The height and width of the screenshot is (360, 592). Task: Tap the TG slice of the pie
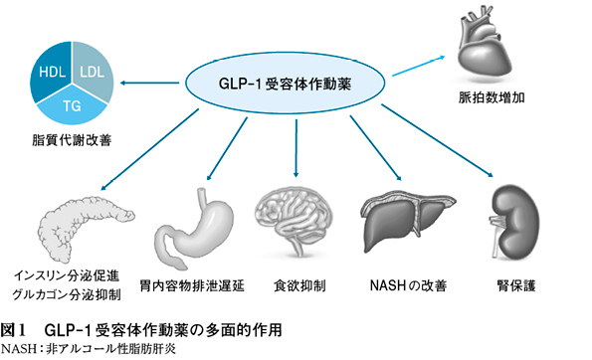(72, 105)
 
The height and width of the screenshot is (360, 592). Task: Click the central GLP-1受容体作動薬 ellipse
(285, 83)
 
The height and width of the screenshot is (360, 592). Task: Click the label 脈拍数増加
(492, 97)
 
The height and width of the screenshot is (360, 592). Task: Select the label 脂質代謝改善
(72, 140)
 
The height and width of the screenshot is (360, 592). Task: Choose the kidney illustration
(515, 223)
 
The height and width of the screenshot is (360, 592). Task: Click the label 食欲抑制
(299, 285)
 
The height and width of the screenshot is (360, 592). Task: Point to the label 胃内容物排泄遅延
(192, 285)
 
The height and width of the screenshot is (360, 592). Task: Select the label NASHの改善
(409, 285)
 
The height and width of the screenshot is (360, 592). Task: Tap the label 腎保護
(516, 285)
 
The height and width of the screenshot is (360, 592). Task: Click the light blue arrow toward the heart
(419, 66)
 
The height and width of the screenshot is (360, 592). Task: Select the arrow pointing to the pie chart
(149, 83)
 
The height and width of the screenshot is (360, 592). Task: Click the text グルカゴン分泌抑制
(67, 294)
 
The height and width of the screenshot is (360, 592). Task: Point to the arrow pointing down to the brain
(296, 148)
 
